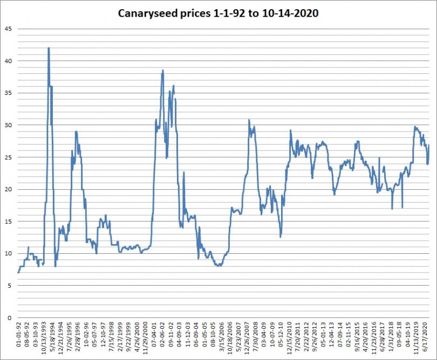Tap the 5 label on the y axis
coord(9,286)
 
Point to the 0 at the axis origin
coord(9,318)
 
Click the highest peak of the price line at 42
coord(49,48)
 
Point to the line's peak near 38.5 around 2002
coord(162,70)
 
